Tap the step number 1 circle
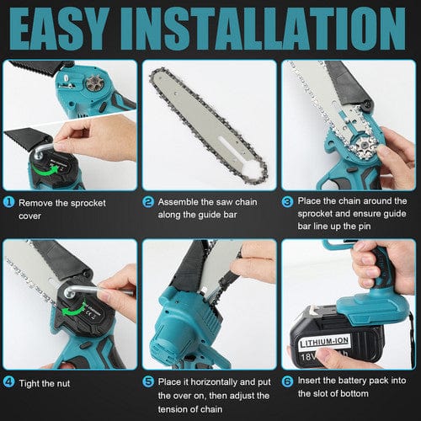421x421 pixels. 9,202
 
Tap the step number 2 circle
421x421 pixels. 148,202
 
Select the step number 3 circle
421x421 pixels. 288,201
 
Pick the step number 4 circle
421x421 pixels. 9,381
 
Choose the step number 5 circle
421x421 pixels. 148,381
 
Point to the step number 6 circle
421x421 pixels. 288,381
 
